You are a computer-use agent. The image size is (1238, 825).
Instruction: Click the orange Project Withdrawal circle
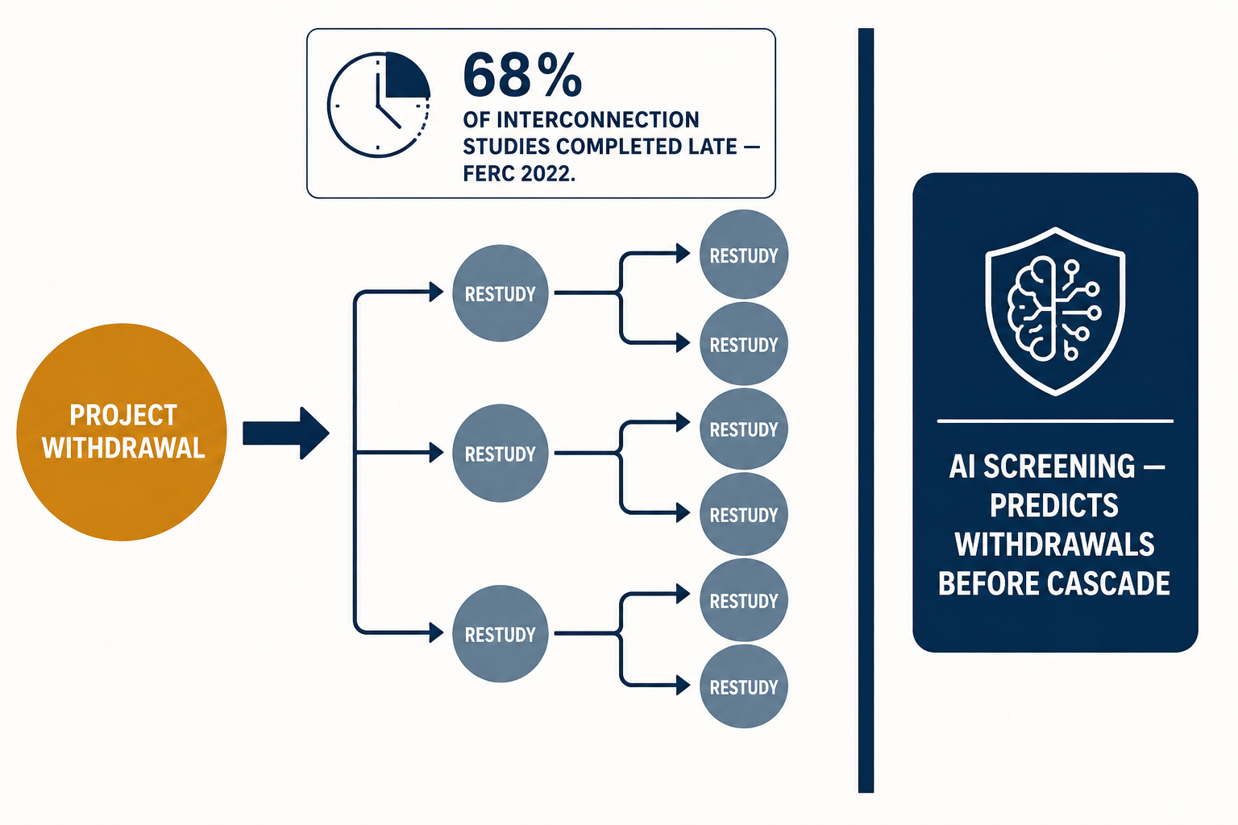[x=122, y=432]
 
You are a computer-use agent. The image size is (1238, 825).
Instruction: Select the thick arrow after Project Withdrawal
[x=286, y=433]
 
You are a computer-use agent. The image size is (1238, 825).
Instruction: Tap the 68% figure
[x=522, y=75]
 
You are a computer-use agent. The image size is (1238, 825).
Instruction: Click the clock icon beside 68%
[x=379, y=105]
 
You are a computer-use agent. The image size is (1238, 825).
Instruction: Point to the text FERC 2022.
[x=519, y=173]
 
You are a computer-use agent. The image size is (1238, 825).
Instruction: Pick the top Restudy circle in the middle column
[x=501, y=293]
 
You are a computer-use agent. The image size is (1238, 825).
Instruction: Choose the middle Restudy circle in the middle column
[x=501, y=453]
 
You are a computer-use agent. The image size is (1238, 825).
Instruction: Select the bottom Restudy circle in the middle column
[x=501, y=634]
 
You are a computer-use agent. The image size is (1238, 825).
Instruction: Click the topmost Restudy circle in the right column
[x=743, y=255]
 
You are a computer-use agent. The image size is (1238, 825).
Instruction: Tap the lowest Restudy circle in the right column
[x=743, y=687]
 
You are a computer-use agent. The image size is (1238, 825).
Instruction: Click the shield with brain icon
[x=1055, y=311]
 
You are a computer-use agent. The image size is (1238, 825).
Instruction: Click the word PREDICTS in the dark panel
[x=1054, y=506]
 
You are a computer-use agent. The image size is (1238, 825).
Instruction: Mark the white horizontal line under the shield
[x=1055, y=421]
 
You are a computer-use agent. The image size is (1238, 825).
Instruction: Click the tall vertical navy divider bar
[x=866, y=411]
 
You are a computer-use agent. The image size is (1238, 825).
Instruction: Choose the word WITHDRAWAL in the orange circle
[x=123, y=448]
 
